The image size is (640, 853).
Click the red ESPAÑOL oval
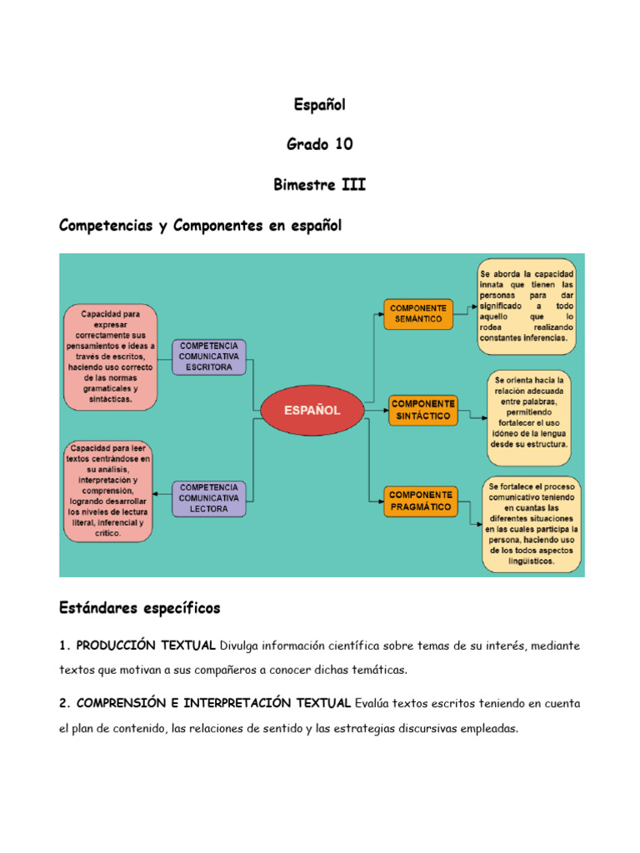[312, 410]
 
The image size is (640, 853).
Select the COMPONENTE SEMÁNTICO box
[418, 313]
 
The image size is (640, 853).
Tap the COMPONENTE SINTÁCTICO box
[422, 409]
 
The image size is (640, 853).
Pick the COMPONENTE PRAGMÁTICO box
[420, 500]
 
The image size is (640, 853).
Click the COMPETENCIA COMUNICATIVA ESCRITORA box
[209, 356]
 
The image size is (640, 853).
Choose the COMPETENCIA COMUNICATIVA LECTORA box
[208, 497]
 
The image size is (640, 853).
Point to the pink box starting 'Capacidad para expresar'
[110, 357]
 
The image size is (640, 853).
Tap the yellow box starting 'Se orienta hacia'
[529, 412]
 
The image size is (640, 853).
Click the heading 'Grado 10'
[320, 144]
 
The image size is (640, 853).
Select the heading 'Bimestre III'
[319, 184]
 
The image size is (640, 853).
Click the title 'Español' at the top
[319, 105]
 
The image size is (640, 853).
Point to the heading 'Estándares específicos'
[140, 608]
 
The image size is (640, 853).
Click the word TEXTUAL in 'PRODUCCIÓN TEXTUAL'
[185, 646]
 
